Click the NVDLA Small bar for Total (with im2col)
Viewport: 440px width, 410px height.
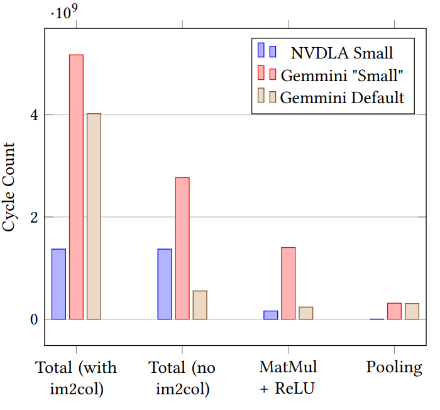tap(58, 284)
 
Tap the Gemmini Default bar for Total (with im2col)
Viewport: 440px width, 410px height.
tap(94, 216)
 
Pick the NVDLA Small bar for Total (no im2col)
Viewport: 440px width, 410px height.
tap(165, 284)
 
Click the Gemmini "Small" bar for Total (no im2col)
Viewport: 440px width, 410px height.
tap(182, 248)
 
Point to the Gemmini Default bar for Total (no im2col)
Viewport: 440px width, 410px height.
tap(200, 305)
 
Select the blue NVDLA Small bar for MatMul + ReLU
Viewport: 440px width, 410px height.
tap(270, 315)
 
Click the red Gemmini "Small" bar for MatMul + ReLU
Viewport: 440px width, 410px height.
tap(288, 284)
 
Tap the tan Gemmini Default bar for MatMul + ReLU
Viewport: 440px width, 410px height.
tap(305, 313)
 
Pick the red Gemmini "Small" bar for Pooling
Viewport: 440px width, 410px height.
tap(394, 311)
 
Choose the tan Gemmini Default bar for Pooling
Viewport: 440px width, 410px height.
tap(412, 311)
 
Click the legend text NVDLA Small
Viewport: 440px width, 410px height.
tap(342, 52)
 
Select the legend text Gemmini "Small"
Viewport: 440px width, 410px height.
tap(342, 75)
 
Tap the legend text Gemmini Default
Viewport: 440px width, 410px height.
tap(342, 97)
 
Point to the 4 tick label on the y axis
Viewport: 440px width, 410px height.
tap(33, 115)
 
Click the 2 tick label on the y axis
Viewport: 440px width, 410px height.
tap(33, 218)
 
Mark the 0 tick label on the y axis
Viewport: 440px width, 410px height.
tap(33, 319)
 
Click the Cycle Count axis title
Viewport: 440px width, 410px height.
tap(10, 187)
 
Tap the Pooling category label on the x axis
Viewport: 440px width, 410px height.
tap(394, 368)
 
